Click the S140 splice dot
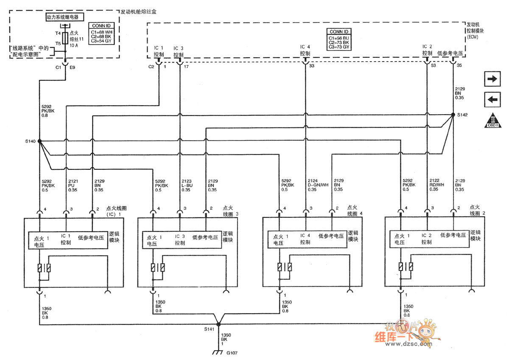tap(39, 141)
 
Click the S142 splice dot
tap(453, 115)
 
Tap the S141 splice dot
tap(218, 324)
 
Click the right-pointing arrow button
tap(492, 79)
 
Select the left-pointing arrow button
tap(492, 99)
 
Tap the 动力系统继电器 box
tap(65, 17)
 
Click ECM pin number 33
tap(312, 66)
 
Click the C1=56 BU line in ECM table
tap(339, 38)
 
